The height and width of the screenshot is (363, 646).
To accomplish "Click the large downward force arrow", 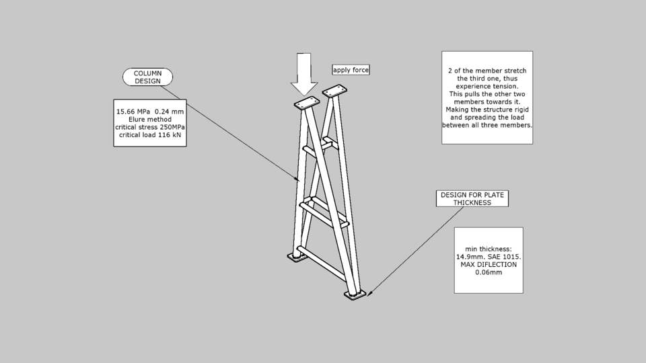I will click(303, 74).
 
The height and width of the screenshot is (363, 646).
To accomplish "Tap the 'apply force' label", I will click(351, 70).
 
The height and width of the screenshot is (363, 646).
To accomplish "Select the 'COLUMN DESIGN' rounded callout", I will click(147, 77).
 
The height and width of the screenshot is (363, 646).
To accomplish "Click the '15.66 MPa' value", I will click(133, 112).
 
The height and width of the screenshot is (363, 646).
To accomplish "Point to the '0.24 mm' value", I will click(169, 112).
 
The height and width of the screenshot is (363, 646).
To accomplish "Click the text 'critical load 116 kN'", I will click(149, 135).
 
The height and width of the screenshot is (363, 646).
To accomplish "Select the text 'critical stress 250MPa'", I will click(149, 127).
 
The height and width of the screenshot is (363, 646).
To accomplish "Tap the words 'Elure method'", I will click(149, 120).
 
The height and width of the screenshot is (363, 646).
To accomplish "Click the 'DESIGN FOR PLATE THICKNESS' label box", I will click(472, 198).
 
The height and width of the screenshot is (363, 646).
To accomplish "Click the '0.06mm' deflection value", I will click(489, 273).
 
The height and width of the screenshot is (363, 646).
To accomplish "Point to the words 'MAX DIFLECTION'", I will click(489, 265).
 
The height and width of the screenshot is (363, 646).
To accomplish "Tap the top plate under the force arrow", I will click(307, 104).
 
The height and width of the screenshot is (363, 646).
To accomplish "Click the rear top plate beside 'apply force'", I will click(334, 90).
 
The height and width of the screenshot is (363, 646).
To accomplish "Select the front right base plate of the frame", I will click(355, 295).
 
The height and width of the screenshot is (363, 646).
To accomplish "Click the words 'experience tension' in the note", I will click(487, 87).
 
